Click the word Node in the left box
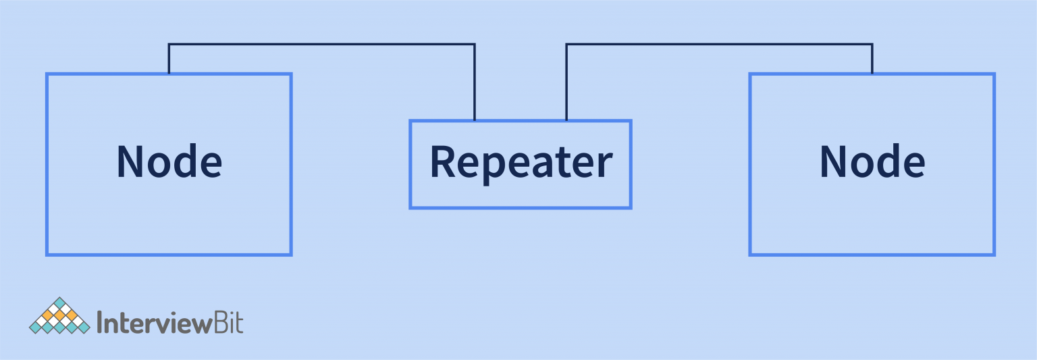coord(169,162)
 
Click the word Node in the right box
coord(872,162)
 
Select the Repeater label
coord(521,163)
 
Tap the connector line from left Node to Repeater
coord(321,45)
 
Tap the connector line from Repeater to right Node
coord(719,45)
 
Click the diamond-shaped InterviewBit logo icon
coord(59,316)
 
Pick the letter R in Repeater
coord(443,162)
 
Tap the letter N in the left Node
coord(132,161)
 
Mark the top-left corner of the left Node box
coord(47,74)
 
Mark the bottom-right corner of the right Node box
coord(994,255)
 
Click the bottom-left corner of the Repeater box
coord(410,207)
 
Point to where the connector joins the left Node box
coord(169,74)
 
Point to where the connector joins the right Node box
coord(872,74)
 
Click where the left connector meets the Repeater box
coord(475,121)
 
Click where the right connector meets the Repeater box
coord(566,121)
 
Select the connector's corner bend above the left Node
coord(169,45)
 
